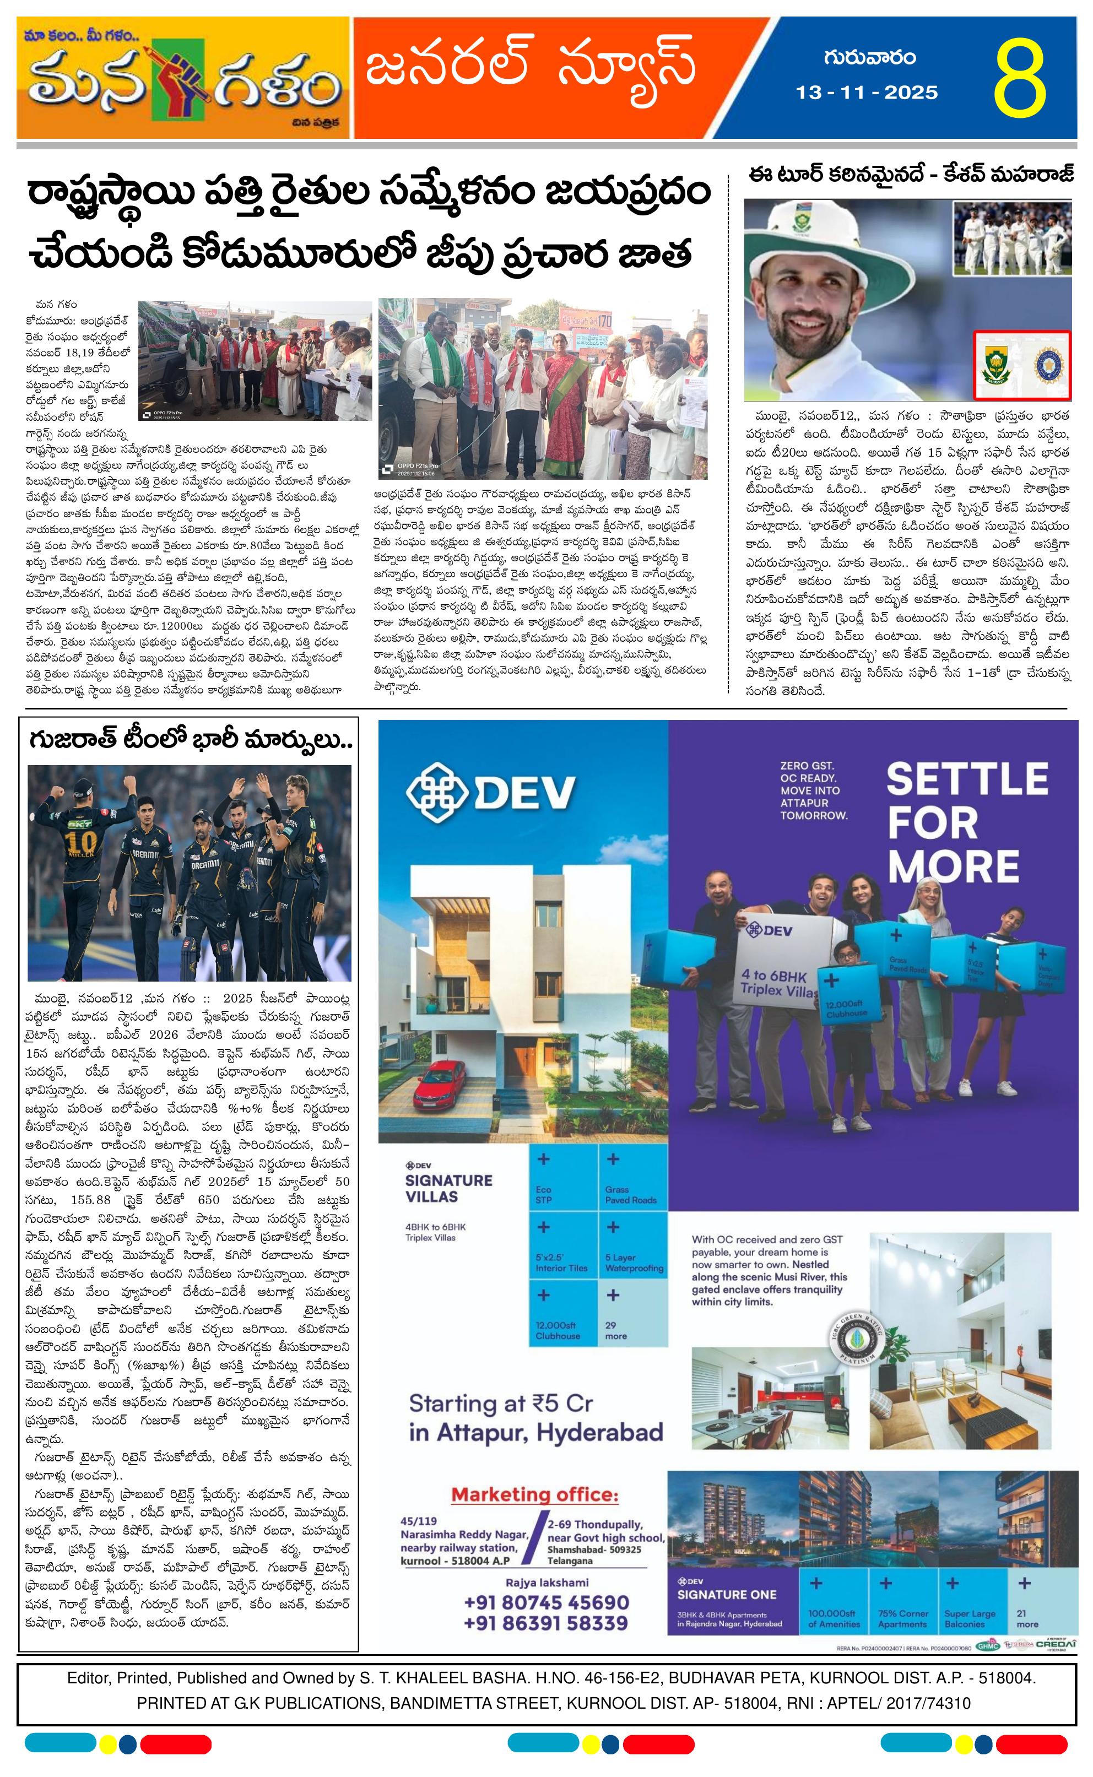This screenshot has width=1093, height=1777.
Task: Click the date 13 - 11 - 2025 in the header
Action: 867,93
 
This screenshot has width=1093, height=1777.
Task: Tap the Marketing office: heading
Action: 535,1494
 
